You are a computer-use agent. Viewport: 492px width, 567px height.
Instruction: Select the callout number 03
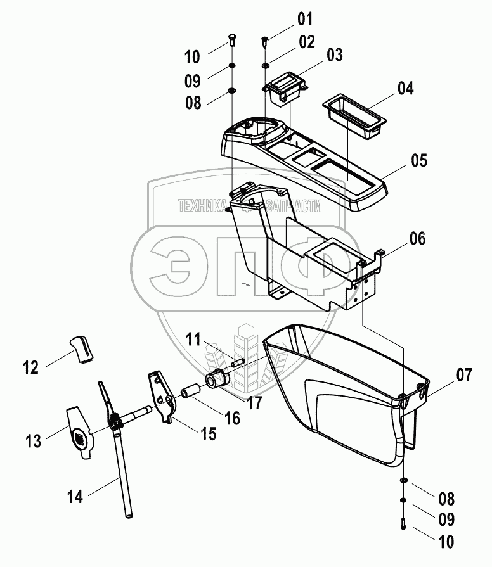tap(333, 56)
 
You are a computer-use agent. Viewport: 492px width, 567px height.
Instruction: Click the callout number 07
tap(463, 376)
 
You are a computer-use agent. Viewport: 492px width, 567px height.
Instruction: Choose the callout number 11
tap(193, 338)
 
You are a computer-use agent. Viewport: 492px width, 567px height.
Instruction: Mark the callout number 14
tap(75, 497)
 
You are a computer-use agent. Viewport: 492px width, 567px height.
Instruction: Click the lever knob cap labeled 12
tap(81, 348)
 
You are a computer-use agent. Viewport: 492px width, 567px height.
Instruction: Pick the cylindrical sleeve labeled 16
tap(190, 394)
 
